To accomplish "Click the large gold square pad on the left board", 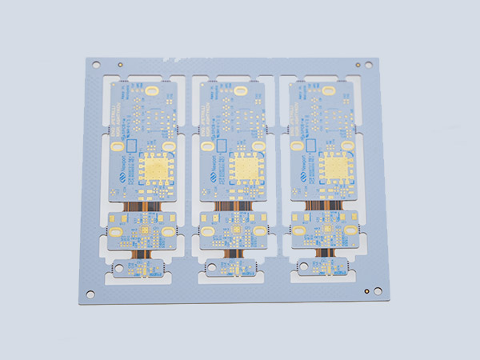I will [x=158, y=169].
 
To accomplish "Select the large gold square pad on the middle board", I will [x=246, y=169].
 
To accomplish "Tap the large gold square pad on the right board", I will [x=333, y=167].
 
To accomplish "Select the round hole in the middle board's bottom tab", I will [x=211, y=268].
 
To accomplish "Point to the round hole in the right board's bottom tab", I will [x=301, y=266].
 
